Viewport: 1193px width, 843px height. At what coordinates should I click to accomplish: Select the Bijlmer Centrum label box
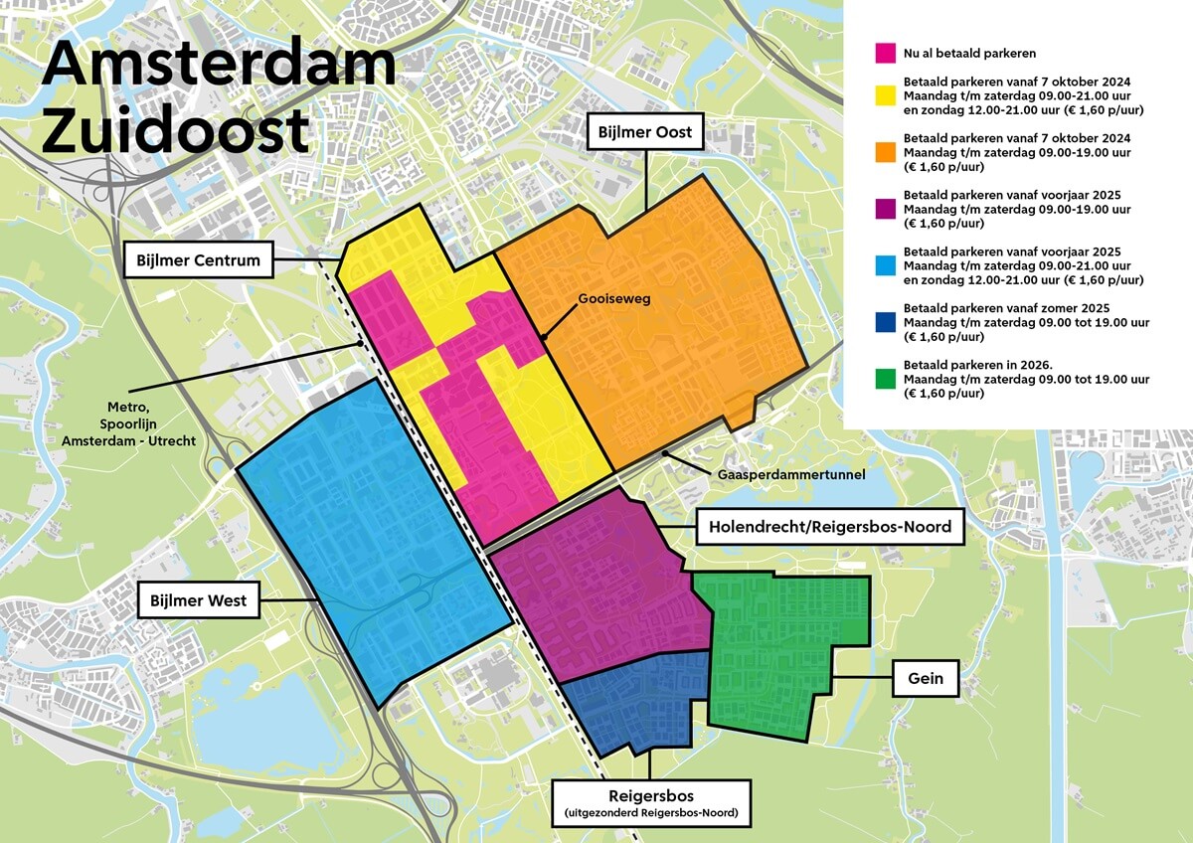[199, 261]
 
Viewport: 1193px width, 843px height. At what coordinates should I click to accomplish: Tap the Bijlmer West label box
[199, 600]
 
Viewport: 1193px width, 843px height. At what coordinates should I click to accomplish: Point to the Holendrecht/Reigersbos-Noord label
[830, 527]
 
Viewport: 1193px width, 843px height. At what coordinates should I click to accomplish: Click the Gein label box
[925, 678]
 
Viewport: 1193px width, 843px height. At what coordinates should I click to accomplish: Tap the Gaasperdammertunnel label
[791, 475]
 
